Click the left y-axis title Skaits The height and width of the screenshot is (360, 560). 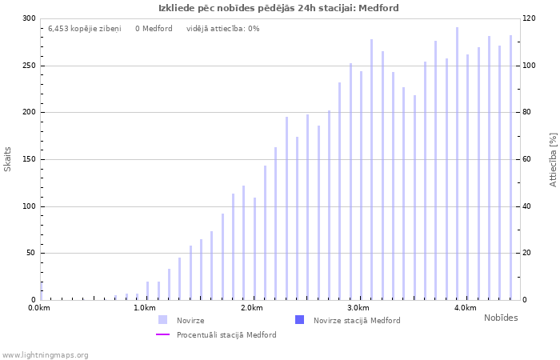coord(8,158)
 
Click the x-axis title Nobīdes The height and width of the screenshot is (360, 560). coord(501,318)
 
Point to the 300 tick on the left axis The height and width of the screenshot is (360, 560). coord(29,18)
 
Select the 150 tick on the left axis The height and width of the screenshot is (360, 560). coord(29,159)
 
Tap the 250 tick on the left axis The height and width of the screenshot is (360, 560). coord(29,66)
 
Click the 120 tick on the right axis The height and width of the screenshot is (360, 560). coord(530,18)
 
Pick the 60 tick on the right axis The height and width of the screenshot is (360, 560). coord(527,159)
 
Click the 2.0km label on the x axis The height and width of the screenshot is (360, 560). coord(252,308)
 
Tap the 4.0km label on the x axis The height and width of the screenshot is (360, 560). coord(465,308)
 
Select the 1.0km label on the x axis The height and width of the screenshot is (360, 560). coord(145,308)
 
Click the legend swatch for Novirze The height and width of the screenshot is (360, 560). coord(163,320)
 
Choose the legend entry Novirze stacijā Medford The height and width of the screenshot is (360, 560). coord(357,320)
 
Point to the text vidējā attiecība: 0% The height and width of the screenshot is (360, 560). coord(222,29)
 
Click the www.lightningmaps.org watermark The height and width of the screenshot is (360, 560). coord(46,354)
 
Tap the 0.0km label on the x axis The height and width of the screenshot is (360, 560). coord(39,308)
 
